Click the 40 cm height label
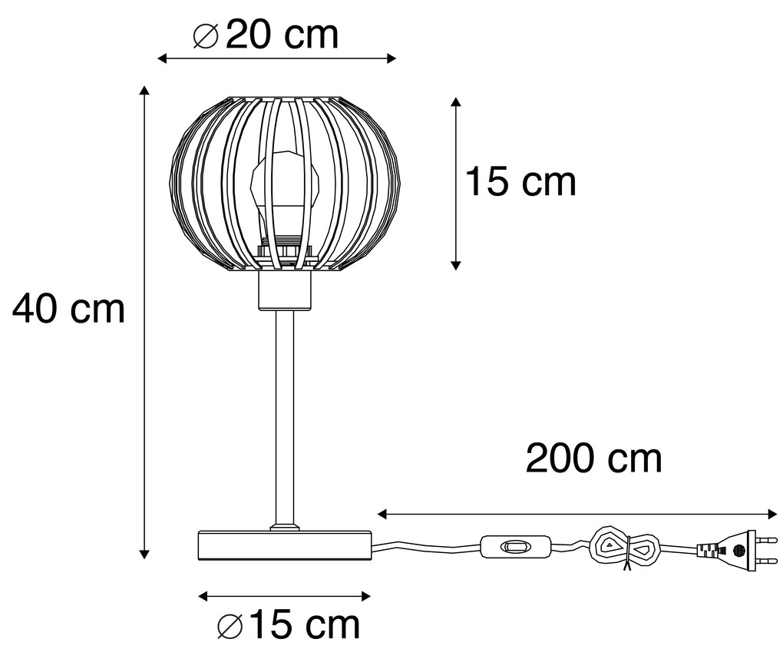click(69, 309)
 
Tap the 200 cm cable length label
click(593, 459)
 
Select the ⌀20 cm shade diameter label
click(265, 35)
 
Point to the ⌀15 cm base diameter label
click(289, 625)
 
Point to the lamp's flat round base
click(284, 545)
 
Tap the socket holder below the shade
click(284, 293)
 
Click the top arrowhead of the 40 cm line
click(144, 91)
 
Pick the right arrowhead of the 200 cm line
click(773, 513)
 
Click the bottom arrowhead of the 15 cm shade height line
click(456, 264)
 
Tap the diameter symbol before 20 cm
click(205, 35)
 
